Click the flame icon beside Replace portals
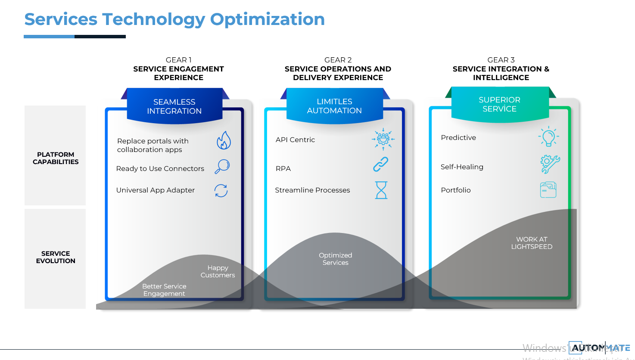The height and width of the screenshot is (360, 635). pyautogui.click(x=224, y=140)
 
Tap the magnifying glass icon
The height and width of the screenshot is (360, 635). pyautogui.click(x=222, y=166)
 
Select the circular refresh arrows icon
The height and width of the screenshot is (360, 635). pyautogui.click(x=221, y=190)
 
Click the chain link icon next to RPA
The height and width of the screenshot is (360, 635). pyautogui.click(x=381, y=164)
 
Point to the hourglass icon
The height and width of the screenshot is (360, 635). pyautogui.click(x=381, y=190)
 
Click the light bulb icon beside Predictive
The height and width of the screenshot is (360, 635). pyautogui.click(x=548, y=137)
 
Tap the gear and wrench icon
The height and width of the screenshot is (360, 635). pyautogui.click(x=550, y=164)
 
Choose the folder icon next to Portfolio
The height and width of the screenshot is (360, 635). pyautogui.click(x=548, y=190)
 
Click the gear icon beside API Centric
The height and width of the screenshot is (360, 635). pyautogui.click(x=383, y=139)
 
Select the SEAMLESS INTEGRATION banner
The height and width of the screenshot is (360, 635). pyautogui.click(x=174, y=106)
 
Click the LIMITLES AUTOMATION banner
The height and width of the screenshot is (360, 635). pyautogui.click(x=335, y=106)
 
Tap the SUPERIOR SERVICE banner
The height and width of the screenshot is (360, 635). pyautogui.click(x=500, y=104)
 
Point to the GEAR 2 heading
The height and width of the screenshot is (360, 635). pyautogui.click(x=338, y=60)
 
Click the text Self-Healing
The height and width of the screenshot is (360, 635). pyautogui.click(x=462, y=167)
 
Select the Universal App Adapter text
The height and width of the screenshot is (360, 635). pyautogui.click(x=156, y=190)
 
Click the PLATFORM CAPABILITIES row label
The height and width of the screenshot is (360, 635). pyautogui.click(x=56, y=158)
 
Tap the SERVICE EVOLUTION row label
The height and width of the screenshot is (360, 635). pyautogui.click(x=56, y=257)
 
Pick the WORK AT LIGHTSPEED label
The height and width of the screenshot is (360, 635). pyautogui.click(x=532, y=243)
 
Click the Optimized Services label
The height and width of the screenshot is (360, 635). pyautogui.click(x=336, y=259)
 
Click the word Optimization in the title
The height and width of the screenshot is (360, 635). pyautogui.click(x=267, y=19)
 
